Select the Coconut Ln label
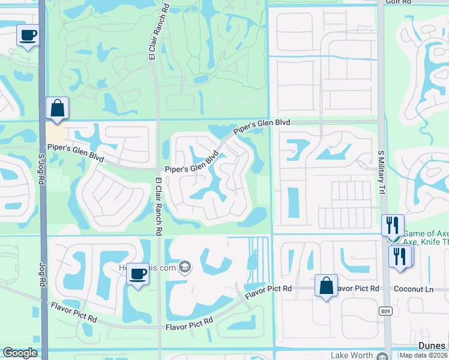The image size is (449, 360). [413, 289]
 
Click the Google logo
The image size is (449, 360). [20, 353]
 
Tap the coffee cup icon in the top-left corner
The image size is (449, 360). [28, 35]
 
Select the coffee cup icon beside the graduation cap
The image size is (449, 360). [138, 274]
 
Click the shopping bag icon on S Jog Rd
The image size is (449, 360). [57, 109]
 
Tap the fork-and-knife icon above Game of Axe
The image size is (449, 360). [393, 225]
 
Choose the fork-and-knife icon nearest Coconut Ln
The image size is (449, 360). [400, 256]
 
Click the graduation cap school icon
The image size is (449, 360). [185, 267]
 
